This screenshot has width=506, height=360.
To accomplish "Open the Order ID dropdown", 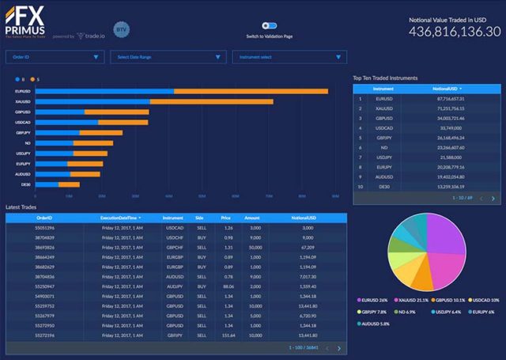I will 55,57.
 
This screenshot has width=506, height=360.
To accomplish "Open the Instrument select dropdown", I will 289,57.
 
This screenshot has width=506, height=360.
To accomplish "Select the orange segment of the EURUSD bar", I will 251,92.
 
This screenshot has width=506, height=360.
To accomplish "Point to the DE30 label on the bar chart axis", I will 25,184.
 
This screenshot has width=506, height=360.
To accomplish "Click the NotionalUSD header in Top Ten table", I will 447,89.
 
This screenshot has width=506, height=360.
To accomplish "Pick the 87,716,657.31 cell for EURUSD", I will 447,99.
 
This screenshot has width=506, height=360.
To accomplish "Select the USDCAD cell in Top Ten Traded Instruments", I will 384,126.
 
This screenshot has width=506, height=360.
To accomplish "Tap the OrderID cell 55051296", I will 44,227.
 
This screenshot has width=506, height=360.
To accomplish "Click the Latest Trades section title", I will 23,207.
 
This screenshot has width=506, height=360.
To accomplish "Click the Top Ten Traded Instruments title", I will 385,78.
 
